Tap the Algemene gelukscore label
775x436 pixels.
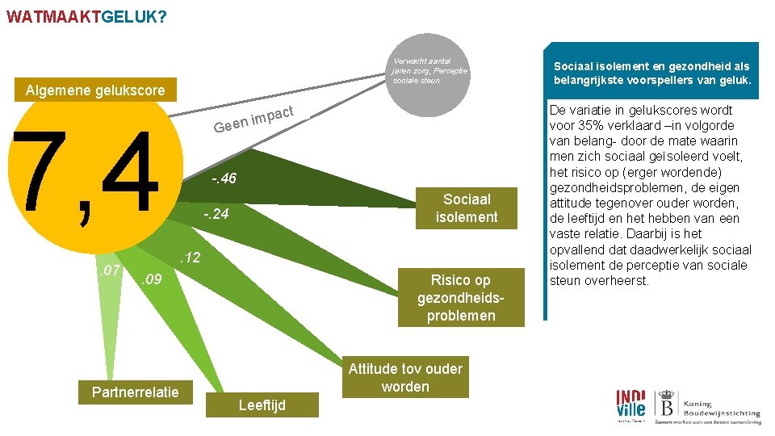click(94, 90)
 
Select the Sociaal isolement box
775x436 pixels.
click(467, 208)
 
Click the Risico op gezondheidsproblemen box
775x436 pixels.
click(460, 298)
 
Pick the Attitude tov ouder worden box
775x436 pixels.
click(405, 378)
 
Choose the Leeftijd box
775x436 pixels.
click(262, 405)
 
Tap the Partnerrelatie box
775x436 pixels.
click(136, 393)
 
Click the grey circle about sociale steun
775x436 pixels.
click(429, 70)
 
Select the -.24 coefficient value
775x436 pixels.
click(216, 215)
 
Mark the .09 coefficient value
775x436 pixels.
click(151, 281)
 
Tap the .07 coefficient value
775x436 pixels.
click(109, 268)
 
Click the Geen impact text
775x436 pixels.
click(251, 120)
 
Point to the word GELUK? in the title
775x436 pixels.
click(136, 15)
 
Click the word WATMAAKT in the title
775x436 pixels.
click(54, 15)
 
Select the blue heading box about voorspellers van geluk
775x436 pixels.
click(652, 73)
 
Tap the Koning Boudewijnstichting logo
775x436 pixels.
click(707, 406)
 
